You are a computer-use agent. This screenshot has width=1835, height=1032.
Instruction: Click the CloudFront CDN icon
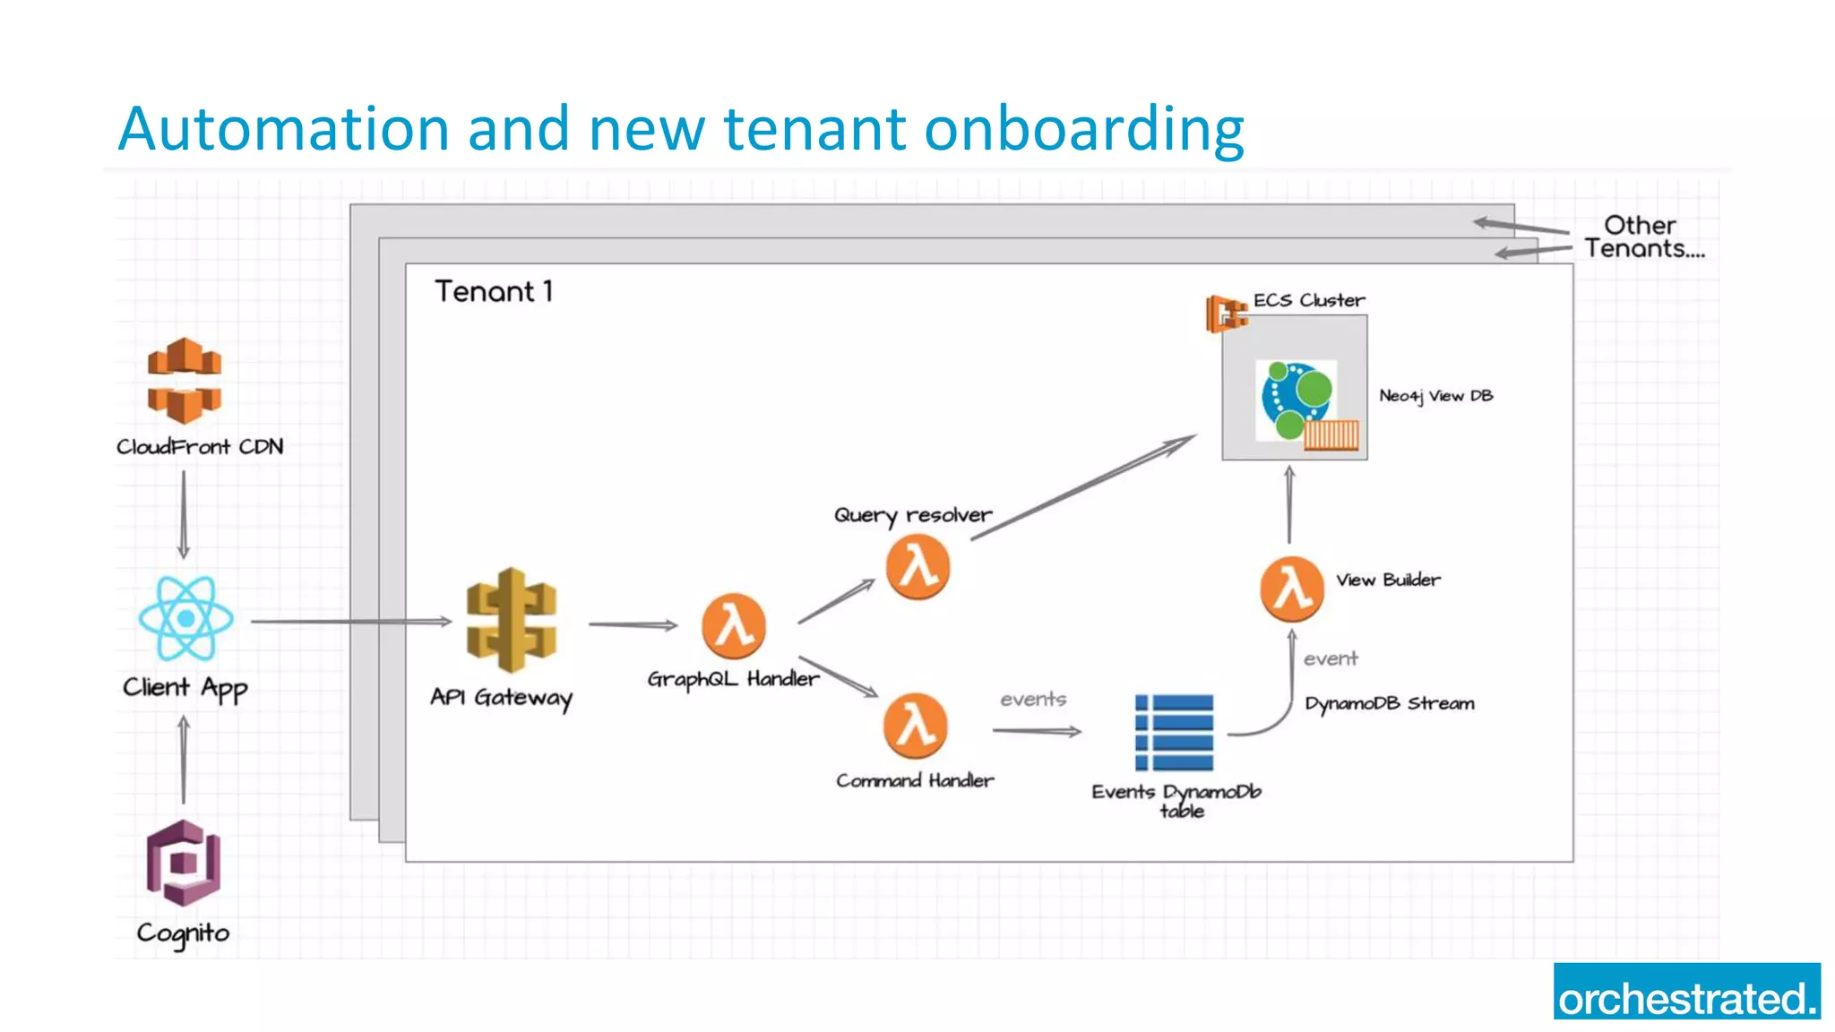point(185,381)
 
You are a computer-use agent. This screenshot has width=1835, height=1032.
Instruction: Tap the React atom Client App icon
point(185,618)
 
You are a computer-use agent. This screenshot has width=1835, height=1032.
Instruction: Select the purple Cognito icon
point(184,863)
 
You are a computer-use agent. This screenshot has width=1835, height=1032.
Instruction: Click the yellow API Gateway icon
point(512,620)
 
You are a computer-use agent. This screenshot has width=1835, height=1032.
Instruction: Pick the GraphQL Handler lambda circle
point(734,625)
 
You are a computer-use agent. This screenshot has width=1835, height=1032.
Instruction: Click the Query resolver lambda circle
point(917,567)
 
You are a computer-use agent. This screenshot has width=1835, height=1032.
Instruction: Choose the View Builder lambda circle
point(1291,589)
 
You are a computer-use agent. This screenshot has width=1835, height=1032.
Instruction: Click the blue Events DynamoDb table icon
point(1174,732)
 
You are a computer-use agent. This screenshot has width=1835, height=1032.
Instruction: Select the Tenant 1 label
point(494,291)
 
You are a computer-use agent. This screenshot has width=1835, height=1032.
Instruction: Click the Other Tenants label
point(1643,237)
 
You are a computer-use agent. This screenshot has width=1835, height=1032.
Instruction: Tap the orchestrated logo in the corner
point(1686,992)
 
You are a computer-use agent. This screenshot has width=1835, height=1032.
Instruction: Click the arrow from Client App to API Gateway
point(350,621)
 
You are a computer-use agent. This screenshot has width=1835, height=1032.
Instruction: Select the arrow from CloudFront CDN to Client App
point(184,514)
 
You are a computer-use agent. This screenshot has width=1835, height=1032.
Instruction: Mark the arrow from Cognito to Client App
point(184,760)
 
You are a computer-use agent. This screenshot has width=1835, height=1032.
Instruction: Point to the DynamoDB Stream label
point(1389,704)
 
